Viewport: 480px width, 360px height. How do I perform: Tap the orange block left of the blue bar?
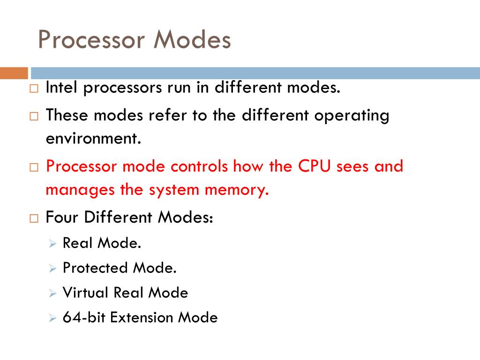(14, 73)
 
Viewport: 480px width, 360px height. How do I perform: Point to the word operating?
(352, 116)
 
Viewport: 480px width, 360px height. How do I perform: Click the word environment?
(93, 139)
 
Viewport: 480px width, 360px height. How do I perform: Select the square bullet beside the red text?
(34, 167)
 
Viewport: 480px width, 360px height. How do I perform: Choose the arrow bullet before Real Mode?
(52, 244)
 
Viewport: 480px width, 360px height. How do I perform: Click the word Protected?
(95, 268)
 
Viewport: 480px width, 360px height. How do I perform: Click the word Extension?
(142, 317)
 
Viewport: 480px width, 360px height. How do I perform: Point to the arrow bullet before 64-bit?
(52, 318)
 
